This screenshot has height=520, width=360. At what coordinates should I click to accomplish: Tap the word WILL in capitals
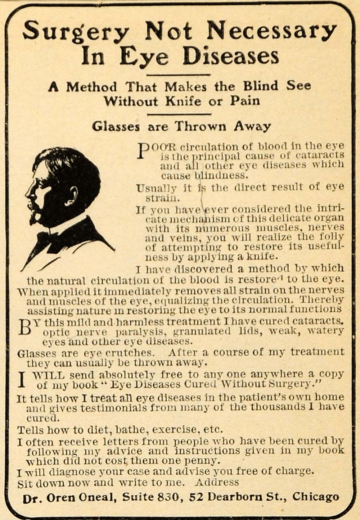click(48, 375)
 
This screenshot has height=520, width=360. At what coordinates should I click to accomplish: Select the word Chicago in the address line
click(315, 497)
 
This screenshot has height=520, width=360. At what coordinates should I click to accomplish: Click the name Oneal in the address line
click(97, 498)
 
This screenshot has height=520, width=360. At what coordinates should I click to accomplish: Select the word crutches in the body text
click(133, 352)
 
